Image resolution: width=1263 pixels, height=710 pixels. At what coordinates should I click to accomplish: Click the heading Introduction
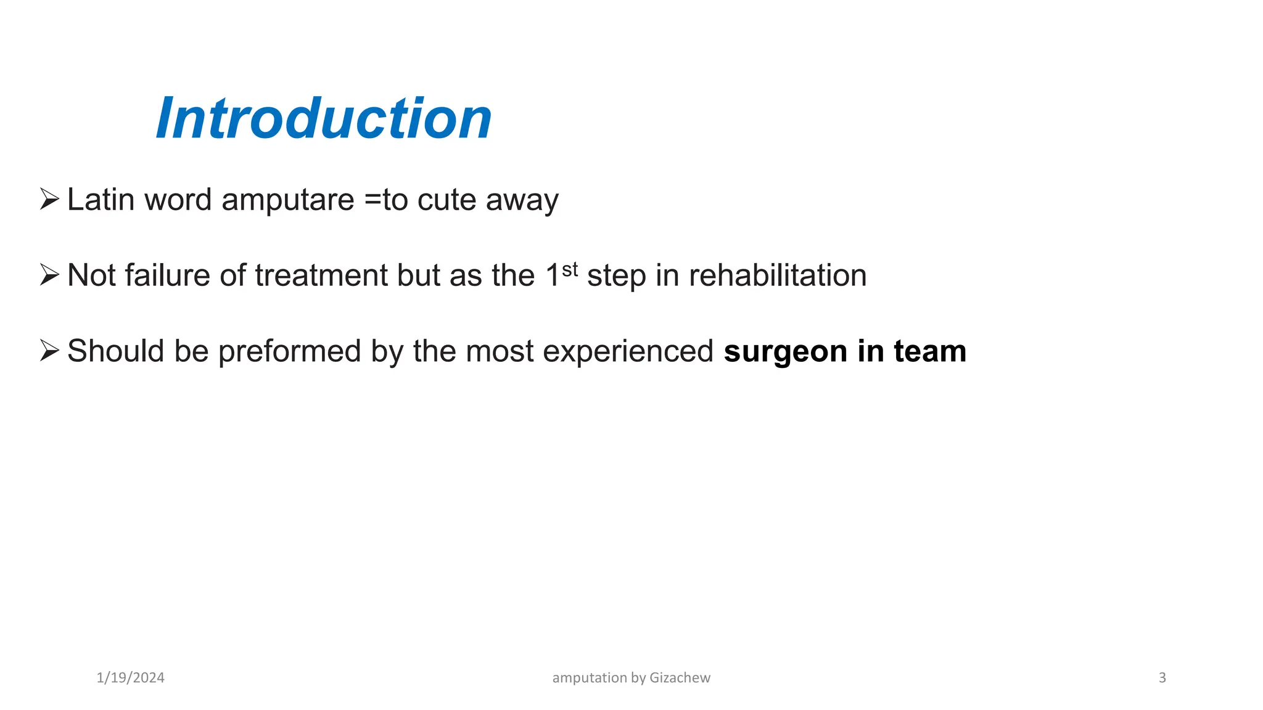point(324,118)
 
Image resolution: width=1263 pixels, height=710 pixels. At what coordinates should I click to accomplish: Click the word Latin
point(101,200)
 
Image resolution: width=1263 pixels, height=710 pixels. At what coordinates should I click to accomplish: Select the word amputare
point(287,200)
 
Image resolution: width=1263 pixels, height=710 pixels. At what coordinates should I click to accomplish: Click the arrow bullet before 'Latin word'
point(49,199)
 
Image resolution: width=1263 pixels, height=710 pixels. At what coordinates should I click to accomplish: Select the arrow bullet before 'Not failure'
point(49,275)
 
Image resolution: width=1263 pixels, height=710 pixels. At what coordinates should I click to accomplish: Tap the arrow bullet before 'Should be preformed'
point(49,350)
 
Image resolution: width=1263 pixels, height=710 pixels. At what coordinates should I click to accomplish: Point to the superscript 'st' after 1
point(570,269)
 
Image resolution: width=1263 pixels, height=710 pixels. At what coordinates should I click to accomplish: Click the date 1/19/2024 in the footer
point(131,678)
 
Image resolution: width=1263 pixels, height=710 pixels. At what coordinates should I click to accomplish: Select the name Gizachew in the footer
point(680,678)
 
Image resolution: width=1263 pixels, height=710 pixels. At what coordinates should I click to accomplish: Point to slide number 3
point(1162,678)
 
